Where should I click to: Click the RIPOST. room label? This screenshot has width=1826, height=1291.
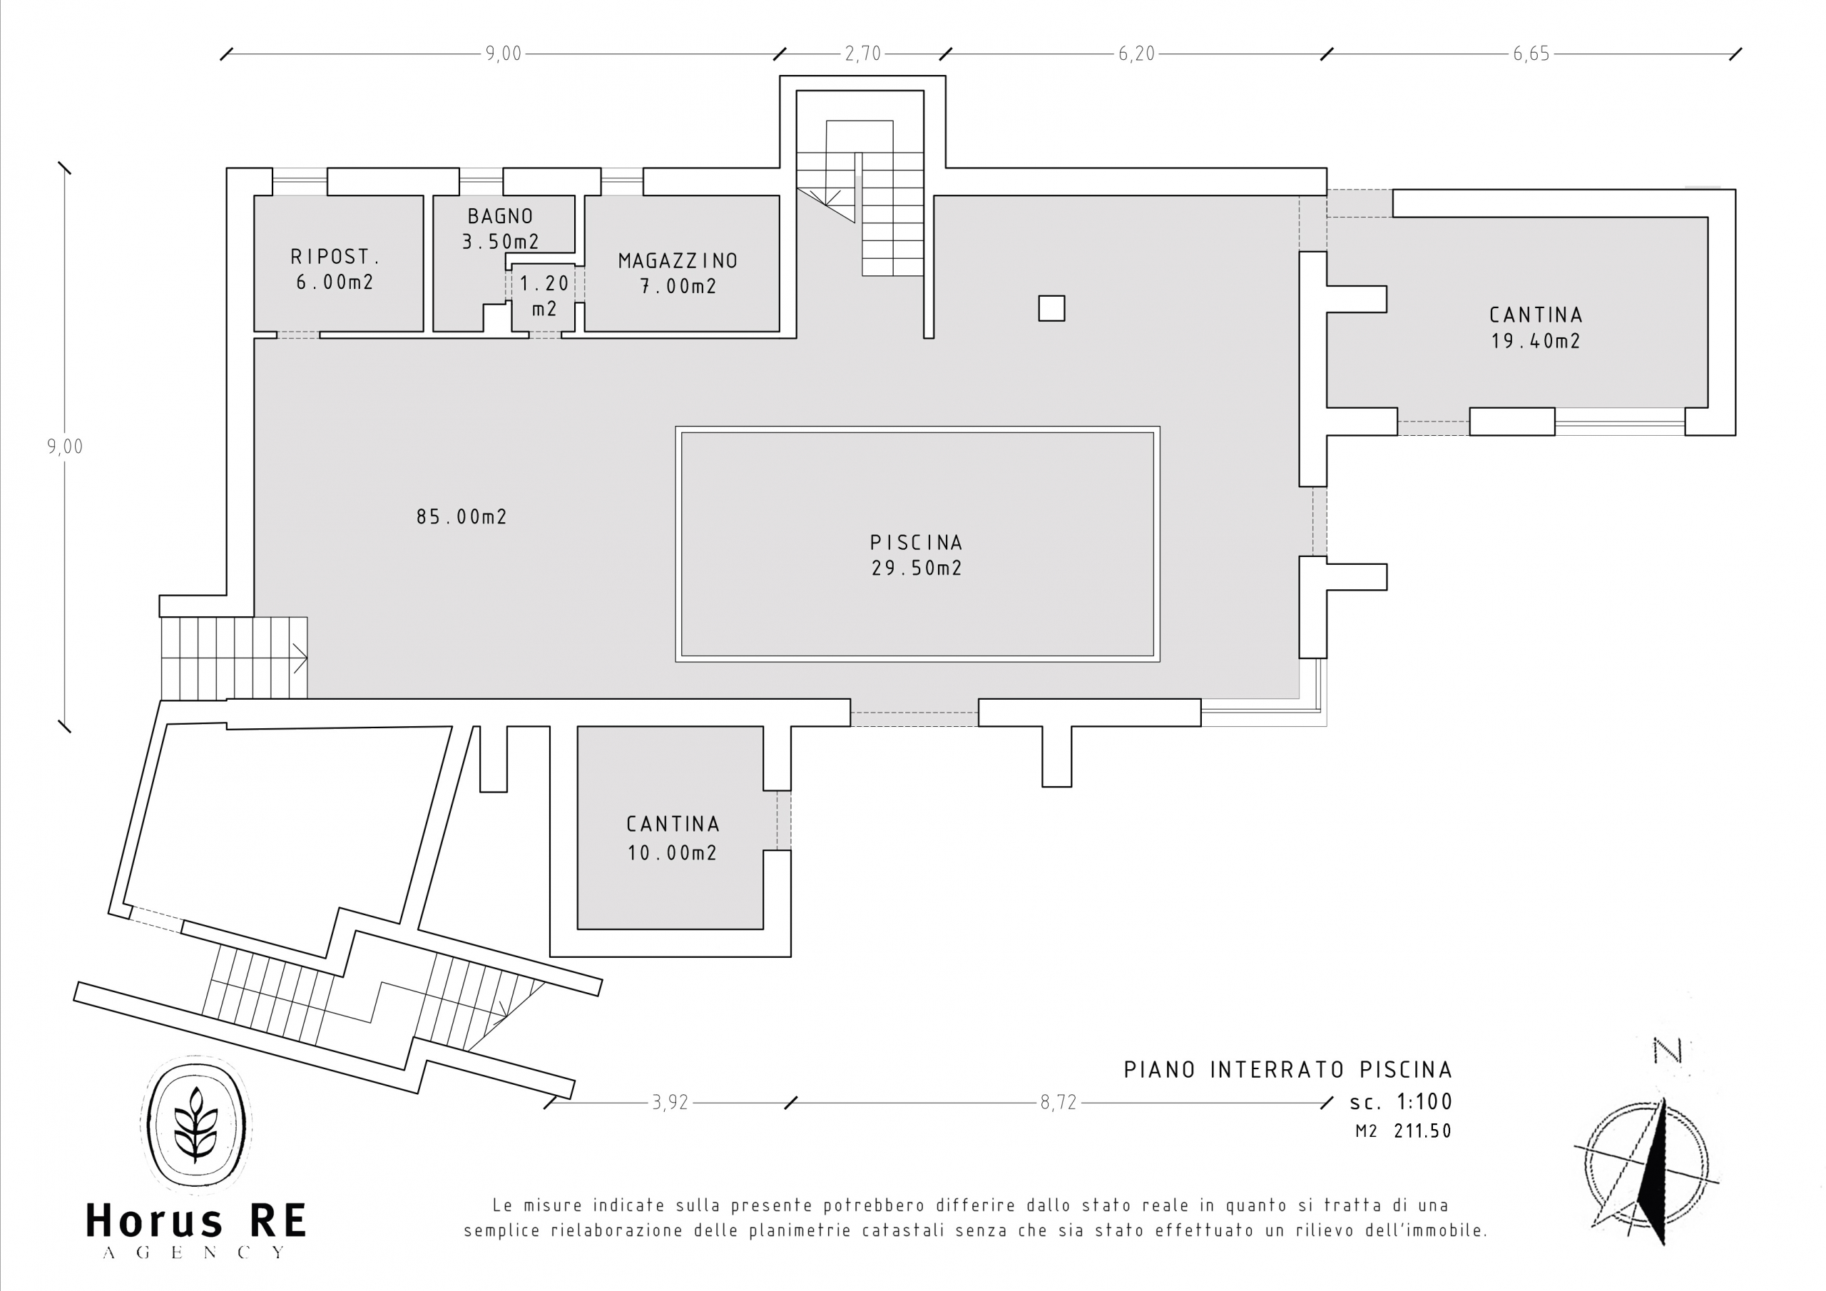click(335, 269)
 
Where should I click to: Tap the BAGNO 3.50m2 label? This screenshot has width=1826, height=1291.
click(500, 228)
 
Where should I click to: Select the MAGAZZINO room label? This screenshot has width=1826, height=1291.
click(678, 273)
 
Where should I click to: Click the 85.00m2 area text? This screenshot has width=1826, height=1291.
click(461, 517)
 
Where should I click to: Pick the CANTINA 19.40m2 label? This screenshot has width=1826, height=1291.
click(1536, 327)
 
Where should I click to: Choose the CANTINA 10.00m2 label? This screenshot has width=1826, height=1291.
click(673, 838)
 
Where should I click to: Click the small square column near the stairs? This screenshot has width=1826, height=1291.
click(1051, 309)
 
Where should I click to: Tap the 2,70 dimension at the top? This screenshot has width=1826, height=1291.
click(863, 53)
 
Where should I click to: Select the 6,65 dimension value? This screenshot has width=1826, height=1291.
click(1531, 53)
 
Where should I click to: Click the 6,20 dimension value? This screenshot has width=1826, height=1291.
click(1136, 53)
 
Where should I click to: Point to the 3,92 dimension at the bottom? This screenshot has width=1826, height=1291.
click(670, 1103)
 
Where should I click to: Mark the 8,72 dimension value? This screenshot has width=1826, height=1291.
click(1058, 1103)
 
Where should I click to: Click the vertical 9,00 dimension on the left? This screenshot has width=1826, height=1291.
click(64, 447)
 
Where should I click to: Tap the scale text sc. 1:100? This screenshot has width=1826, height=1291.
click(1400, 1102)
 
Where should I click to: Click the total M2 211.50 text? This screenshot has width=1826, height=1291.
click(1404, 1131)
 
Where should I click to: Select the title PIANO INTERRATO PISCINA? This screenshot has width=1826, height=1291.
click(1287, 1070)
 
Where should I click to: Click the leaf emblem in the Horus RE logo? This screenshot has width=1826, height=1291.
click(195, 1123)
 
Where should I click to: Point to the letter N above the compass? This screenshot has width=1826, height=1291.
click(1667, 1051)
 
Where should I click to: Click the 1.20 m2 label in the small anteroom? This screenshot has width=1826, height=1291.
click(545, 296)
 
